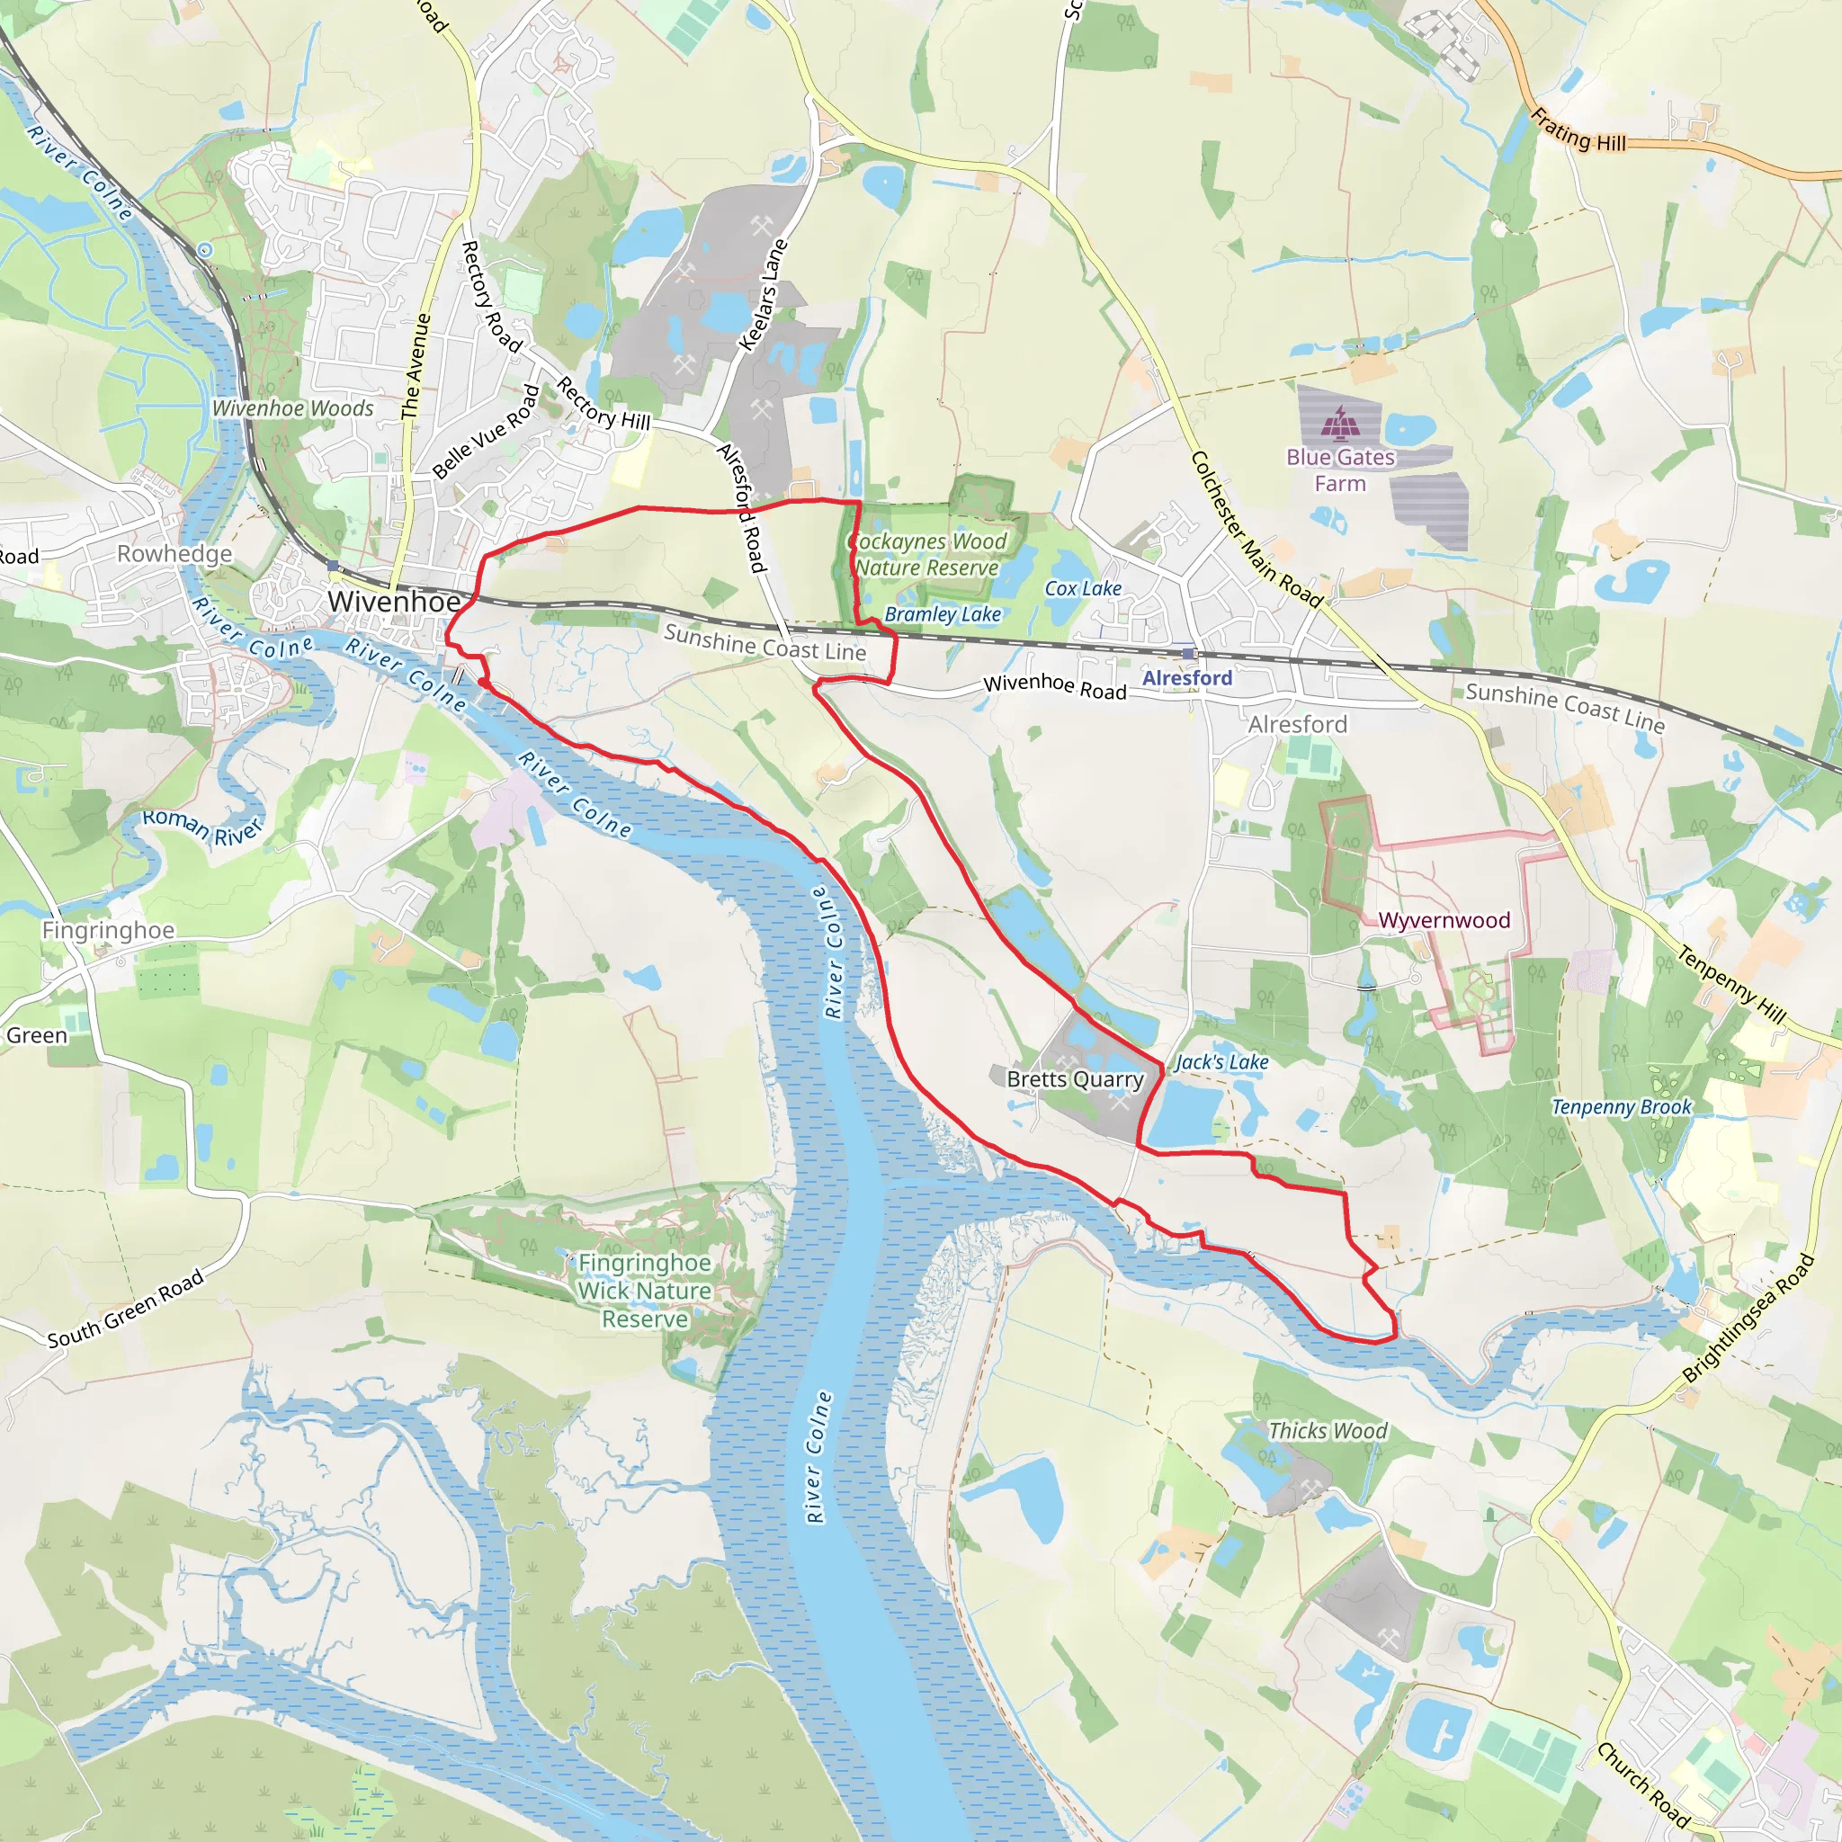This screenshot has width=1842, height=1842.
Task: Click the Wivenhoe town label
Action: tap(394, 602)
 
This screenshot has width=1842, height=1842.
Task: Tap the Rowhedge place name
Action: tap(174, 554)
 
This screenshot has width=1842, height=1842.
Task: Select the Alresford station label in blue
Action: tap(1187, 678)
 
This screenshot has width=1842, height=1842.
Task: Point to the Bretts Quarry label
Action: tap(1075, 1079)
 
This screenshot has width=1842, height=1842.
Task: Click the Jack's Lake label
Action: tap(1221, 1062)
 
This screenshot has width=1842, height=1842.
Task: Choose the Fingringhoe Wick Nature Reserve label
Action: tap(645, 1290)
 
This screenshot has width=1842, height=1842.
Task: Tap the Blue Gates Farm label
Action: tap(1339, 470)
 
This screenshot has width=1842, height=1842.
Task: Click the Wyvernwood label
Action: tap(1444, 920)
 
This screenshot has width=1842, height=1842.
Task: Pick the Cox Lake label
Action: tap(1083, 588)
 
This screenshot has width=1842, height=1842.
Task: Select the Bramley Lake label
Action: tap(942, 614)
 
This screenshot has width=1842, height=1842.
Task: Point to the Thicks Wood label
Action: tap(1328, 1431)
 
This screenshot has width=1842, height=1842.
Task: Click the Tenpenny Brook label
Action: tap(1620, 1107)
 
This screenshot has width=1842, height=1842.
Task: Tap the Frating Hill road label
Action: tap(1578, 130)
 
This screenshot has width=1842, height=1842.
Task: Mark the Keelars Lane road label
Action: tap(764, 295)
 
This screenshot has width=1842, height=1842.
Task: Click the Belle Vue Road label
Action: tap(487, 432)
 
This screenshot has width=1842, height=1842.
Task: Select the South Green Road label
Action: tap(126, 1308)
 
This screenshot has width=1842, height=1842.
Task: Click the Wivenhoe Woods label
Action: tap(292, 408)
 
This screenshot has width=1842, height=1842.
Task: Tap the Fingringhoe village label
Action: tap(108, 930)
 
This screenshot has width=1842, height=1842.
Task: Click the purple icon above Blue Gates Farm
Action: tap(1339, 420)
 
